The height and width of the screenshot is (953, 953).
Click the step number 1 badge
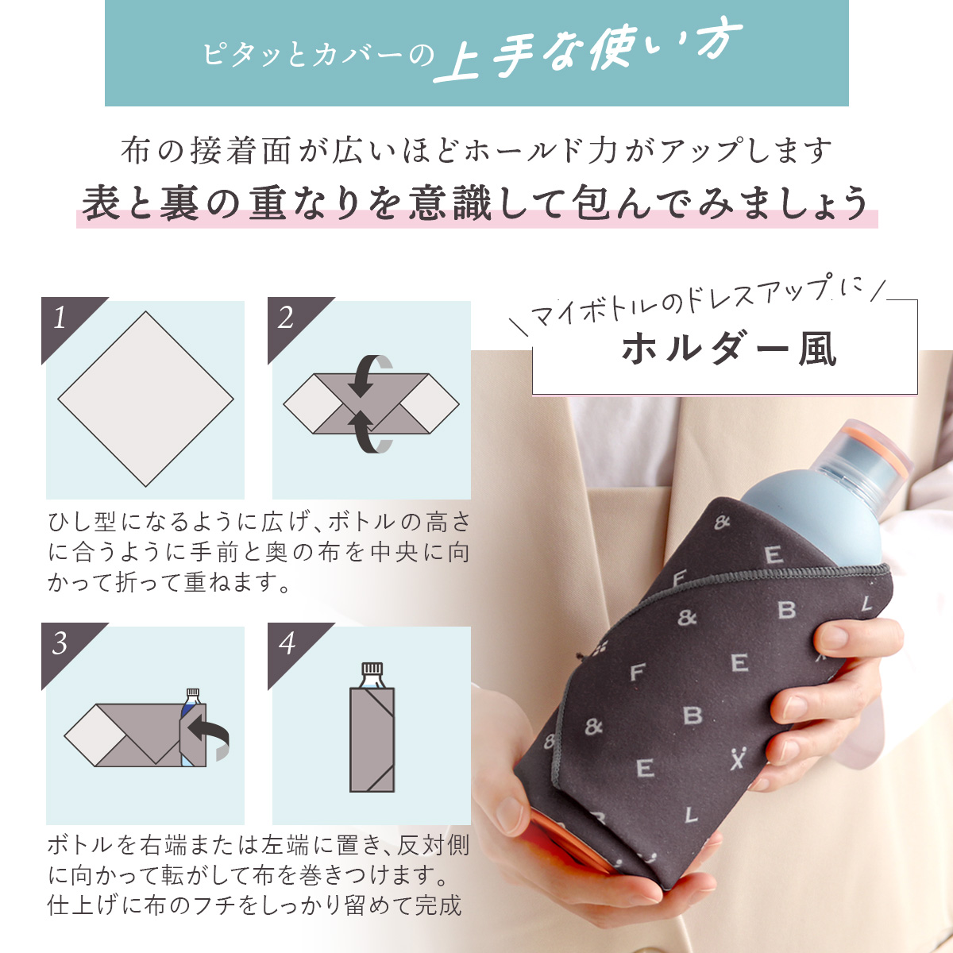64,321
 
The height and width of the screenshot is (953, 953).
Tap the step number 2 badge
290,321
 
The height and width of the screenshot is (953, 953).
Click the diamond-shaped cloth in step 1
146,399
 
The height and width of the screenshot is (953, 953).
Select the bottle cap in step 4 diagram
372,669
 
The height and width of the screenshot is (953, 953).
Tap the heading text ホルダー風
728,349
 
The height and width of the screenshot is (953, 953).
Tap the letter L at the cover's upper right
866,604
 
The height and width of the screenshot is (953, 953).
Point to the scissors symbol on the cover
737,758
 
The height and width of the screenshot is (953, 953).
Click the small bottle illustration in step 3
192,727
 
